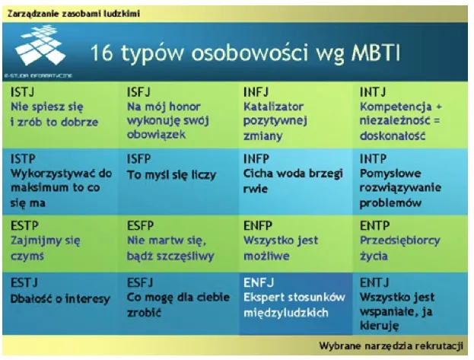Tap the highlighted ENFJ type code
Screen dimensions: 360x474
point(257,282)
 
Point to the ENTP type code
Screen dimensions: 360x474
point(374,226)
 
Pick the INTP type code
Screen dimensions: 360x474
point(374,159)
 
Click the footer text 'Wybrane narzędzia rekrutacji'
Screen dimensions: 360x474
point(391,346)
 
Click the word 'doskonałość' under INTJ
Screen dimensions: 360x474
point(394,135)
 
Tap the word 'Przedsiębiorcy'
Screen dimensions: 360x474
point(399,241)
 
